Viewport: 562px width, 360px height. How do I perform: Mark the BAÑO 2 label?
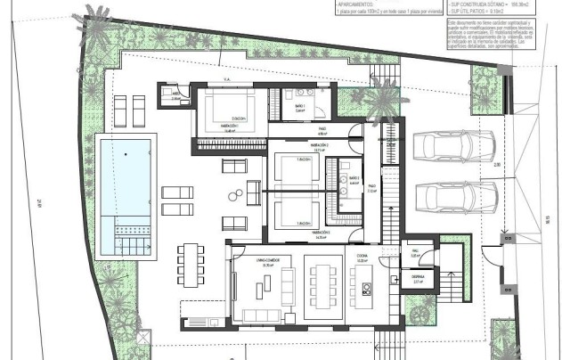(x=354, y=179)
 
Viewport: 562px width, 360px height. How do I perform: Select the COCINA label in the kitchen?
(x=363, y=258)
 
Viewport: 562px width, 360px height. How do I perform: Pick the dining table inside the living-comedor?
(x=320, y=286)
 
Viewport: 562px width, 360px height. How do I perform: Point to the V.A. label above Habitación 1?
(x=227, y=80)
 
